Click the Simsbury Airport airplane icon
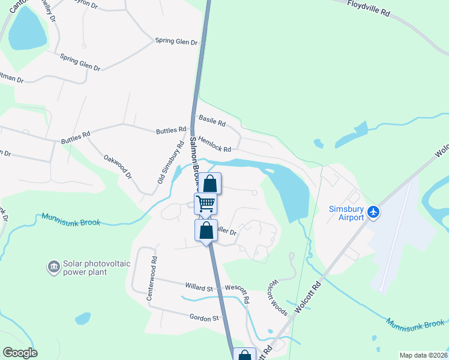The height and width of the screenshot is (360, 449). coord(374,212)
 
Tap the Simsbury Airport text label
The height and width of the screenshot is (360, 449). coord(346,213)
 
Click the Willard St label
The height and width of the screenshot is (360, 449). coord(199,287)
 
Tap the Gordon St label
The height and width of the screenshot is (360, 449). coord(202,318)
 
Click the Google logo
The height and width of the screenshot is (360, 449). coord(20,353)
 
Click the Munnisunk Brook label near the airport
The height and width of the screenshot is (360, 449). coord(415,324)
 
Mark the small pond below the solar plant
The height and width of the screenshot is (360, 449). coord(83,318)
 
